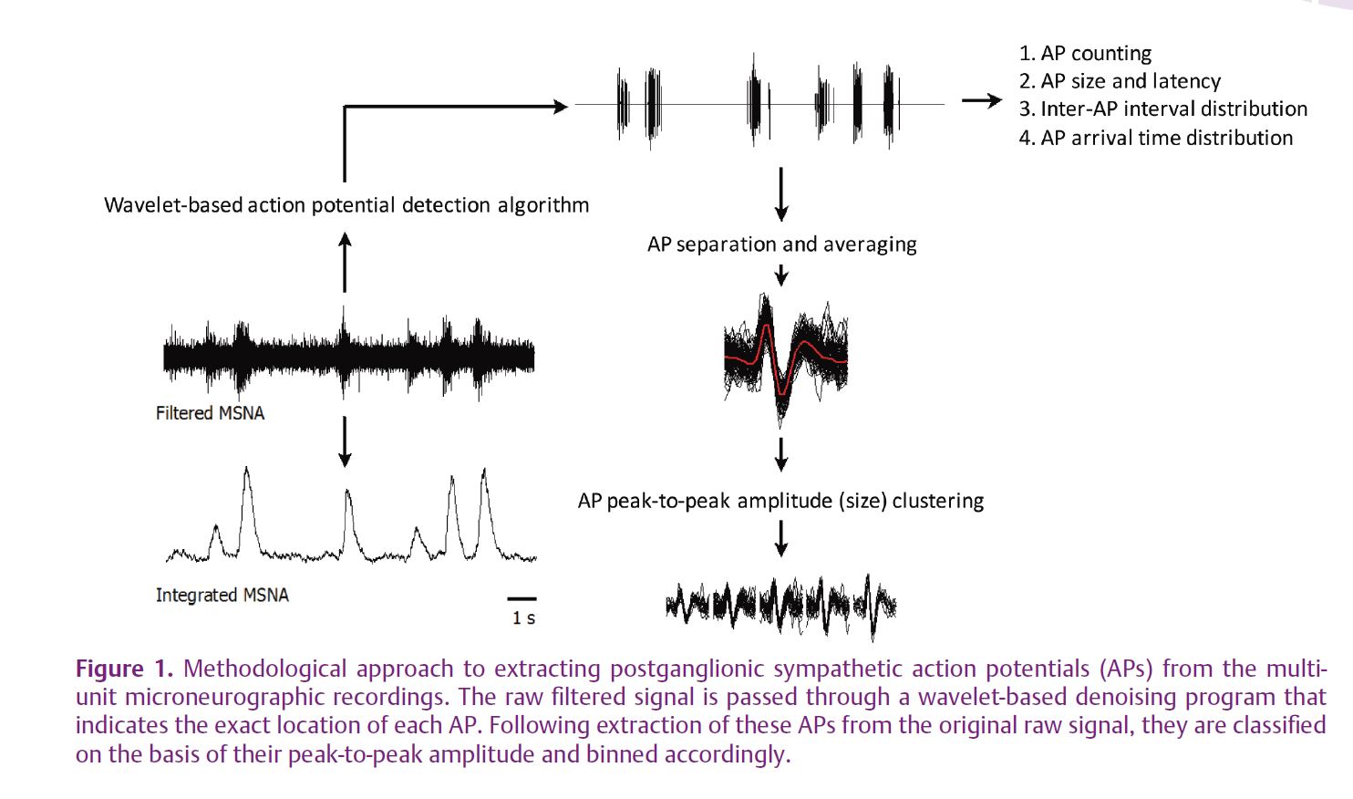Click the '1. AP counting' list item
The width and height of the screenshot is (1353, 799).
(1086, 54)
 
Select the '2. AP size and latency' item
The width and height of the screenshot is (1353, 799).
(1120, 81)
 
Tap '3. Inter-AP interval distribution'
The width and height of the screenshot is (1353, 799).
(1163, 109)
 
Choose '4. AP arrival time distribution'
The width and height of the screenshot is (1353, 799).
(1156, 138)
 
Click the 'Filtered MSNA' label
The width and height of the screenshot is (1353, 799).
(211, 413)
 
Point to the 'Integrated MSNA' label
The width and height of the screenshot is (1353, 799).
(222, 596)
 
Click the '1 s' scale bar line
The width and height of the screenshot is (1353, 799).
(522, 599)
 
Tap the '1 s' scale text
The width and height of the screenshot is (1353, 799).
(523, 618)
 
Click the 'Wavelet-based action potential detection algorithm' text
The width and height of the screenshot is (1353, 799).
(346, 205)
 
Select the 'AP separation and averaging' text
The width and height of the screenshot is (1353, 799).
(782, 244)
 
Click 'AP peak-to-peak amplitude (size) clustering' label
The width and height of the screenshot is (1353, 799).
(781, 501)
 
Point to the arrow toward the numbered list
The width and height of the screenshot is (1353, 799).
(982, 100)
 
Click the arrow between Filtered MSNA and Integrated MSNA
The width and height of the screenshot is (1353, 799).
(345, 441)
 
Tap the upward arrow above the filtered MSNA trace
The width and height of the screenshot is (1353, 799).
(345, 263)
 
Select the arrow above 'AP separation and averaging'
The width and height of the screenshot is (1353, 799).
(781, 194)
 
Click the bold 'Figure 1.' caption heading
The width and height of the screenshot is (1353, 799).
(124, 669)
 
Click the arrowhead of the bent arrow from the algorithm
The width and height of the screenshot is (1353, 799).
(562, 107)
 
